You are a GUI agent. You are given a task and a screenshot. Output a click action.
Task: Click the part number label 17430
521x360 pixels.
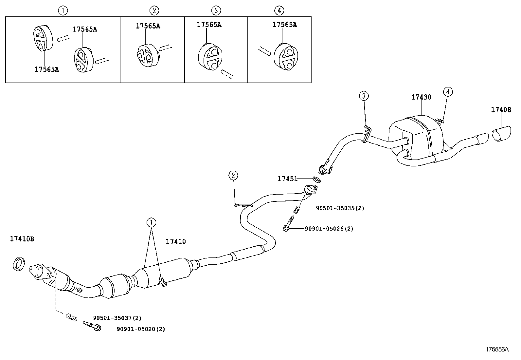click(x=421, y=97)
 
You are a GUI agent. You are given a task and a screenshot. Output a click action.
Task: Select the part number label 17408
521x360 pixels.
click(x=501, y=110)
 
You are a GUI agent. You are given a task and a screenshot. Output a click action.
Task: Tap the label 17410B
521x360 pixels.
click(x=22, y=239)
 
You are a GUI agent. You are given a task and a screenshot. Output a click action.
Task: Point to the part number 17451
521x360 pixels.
click(x=288, y=179)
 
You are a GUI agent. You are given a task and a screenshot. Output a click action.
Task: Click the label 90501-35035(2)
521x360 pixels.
click(x=340, y=208)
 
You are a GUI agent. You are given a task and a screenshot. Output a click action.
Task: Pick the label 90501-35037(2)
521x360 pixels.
click(x=117, y=318)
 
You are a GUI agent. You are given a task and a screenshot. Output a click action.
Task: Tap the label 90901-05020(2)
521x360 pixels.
click(x=141, y=329)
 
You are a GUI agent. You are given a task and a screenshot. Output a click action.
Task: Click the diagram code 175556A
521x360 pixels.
click(x=497, y=349)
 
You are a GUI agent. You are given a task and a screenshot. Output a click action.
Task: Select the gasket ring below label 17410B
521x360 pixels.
click(x=19, y=264)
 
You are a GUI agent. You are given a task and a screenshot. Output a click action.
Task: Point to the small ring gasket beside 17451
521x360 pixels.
click(x=316, y=180)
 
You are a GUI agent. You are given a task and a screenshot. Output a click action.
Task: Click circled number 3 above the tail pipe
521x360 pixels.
click(x=364, y=96)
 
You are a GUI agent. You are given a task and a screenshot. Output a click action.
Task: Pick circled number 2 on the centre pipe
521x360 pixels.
click(x=233, y=176)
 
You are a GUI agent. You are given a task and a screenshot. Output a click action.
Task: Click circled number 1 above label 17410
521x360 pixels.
click(x=151, y=223)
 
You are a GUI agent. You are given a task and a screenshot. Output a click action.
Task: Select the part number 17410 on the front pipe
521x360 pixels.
click(x=176, y=242)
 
